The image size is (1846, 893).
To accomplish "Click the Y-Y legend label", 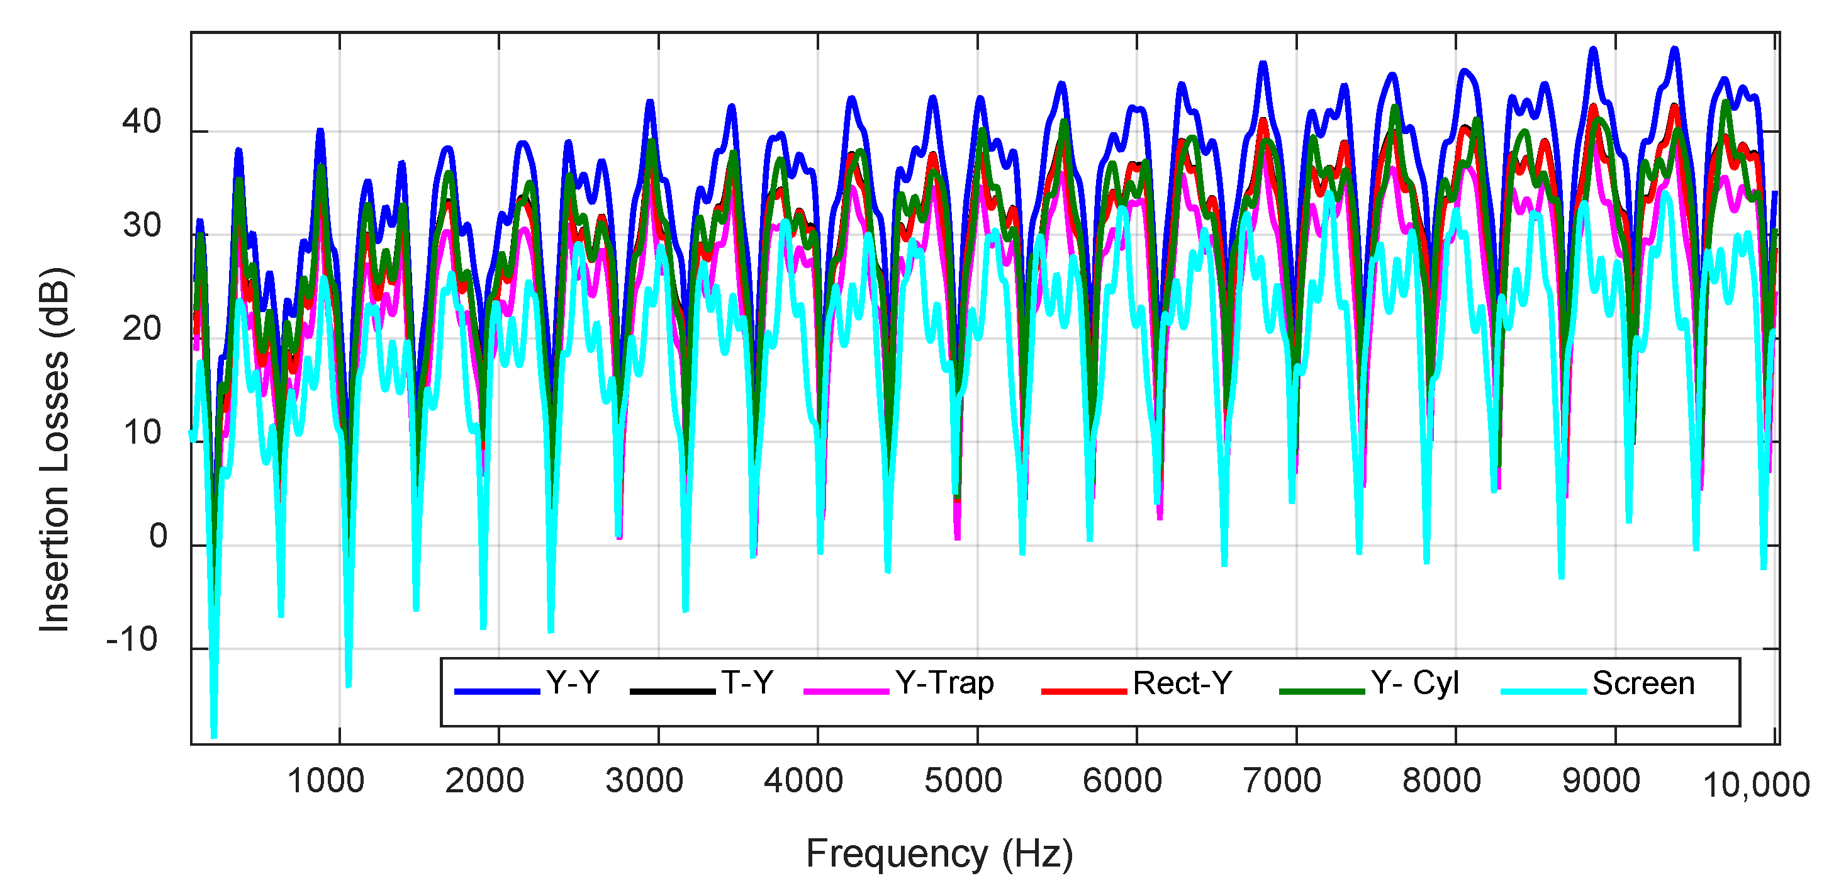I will (x=572, y=682).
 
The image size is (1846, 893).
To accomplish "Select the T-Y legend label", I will (x=747, y=682).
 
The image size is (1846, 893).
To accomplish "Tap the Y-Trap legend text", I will (x=944, y=682).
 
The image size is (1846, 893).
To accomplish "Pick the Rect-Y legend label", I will (x=1182, y=682).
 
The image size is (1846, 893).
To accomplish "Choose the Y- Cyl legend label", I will (x=1414, y=682).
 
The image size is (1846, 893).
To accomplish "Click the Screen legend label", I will (x=1643, y=682).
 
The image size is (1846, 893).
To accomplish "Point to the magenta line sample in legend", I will (x=846, y=691).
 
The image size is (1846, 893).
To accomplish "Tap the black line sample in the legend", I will (x=672, y=691).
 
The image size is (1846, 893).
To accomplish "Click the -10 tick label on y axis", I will (x=132, y=639).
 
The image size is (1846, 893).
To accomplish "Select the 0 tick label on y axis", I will (x=158, y=536).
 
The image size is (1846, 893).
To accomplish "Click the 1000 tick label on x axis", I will (x=325, y=780).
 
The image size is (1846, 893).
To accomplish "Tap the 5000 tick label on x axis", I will (x=963, y=780).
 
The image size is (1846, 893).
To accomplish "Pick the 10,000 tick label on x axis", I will (x=1755, y=785).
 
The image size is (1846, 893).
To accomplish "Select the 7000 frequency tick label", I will (x=1281, y=780).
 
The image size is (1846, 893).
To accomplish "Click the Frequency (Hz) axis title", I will (x=939, y=853).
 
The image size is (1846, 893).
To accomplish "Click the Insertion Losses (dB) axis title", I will (x=55, y=449).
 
